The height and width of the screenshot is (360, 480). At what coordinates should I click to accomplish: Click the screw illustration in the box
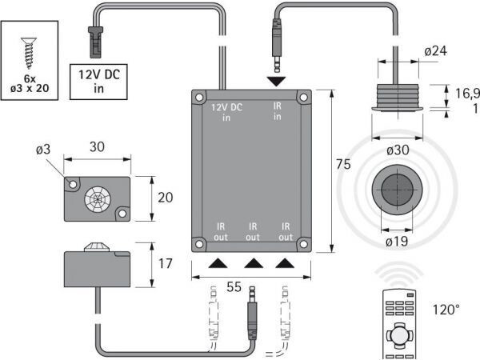pyautogui.click(x=29, y=53)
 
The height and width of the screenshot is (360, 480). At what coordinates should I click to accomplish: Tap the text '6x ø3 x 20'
pyautogui.click(x=30, y=83)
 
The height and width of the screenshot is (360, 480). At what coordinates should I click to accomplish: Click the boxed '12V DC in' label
pyautogui.click(x=98, y=82)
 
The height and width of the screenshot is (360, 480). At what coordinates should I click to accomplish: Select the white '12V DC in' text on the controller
pyautogui.click(x=226, y=112)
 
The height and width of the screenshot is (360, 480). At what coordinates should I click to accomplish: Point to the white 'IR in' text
pyautogui.click(x=278, y=111)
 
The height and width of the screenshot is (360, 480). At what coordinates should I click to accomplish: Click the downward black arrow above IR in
pyautogui.click(x=277, y=82)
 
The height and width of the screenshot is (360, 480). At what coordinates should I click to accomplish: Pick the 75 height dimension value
pyautogui.click(x=343, y=164)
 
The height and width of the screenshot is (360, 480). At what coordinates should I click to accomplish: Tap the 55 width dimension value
pyautogui.click(x=234, y=287)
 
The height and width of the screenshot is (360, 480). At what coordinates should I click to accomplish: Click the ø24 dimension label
pyautogui.click(x=435, y=51)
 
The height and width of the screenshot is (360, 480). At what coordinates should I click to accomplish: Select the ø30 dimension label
pyautogui.click(x=398, y=150)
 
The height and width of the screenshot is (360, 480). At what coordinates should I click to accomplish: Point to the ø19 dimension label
pyautogui.click(x=397, y=242)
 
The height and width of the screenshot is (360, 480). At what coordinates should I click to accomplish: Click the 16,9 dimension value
pyautogui.click(x=467, y=94)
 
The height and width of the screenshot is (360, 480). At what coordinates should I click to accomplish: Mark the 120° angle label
pyautogui.click(x=446, y=310)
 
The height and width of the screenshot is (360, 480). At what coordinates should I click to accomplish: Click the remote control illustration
pyautogui.click(x=398, y=325)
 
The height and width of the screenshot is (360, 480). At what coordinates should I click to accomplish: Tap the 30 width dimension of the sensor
pyautogui.click(x=97, y=147)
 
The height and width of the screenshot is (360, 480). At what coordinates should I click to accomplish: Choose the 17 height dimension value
pyautogui.click(x=166, y=263)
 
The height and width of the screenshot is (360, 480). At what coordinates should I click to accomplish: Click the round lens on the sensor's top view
pyautogui.click(x=98, y=199)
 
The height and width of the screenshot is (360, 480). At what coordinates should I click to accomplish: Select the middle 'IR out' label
pyautogui.click(x=253, y=232)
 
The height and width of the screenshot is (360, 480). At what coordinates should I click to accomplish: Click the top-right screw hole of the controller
pyautogui.click(x=303, y=98)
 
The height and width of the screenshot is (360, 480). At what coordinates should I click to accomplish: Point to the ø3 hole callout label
pyautogui.click(x=43, y=150)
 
